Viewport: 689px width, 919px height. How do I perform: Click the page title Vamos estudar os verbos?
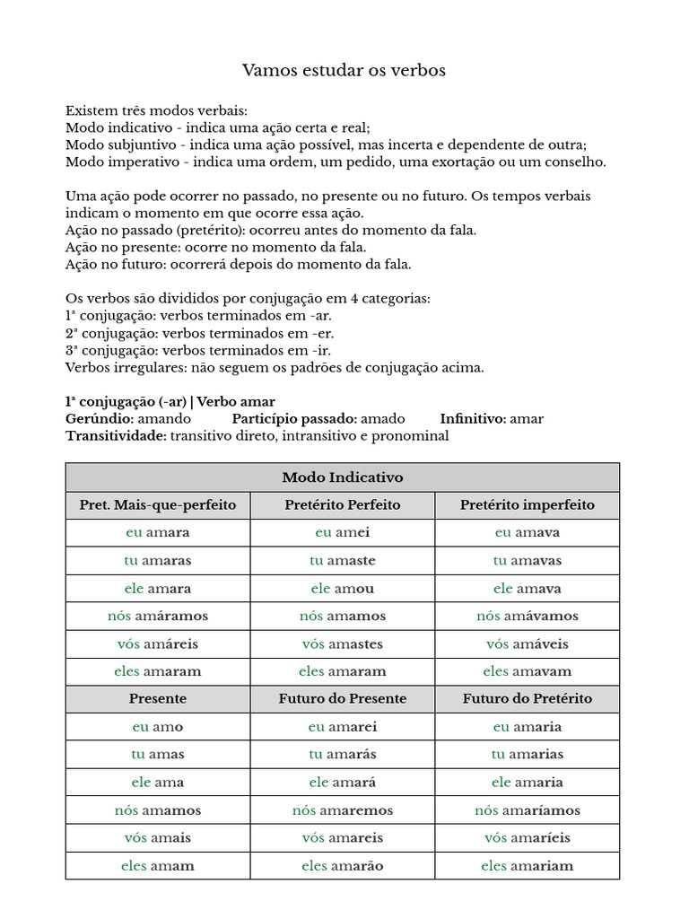[344, 70]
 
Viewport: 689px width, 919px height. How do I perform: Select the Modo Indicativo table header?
[343, 477]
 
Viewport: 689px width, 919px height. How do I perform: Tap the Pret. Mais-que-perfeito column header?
[158, 505]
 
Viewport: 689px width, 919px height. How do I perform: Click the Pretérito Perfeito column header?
[343, 505]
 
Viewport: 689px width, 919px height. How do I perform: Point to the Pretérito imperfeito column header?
[528, 505]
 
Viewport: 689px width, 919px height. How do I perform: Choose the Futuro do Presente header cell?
[343, 698]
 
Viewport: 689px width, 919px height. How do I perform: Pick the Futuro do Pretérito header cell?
[528, 698]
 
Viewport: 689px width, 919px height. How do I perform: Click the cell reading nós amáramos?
[158, 616]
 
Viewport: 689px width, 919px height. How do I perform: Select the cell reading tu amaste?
[343, 561]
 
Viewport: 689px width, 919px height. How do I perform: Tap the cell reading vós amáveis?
[528, 643]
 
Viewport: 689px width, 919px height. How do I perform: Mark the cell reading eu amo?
[158, 727]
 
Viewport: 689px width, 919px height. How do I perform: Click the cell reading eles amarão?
[343, 866]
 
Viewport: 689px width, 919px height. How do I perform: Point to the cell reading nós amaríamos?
[528, 810]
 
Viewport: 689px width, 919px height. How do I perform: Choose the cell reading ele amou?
[343, 589]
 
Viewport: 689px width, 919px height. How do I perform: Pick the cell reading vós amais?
[158, 838]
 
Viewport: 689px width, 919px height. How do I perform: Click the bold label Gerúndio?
[100, 419]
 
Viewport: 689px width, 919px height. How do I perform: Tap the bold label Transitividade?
[116, 436]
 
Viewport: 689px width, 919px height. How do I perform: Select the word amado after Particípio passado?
[383, 419]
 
